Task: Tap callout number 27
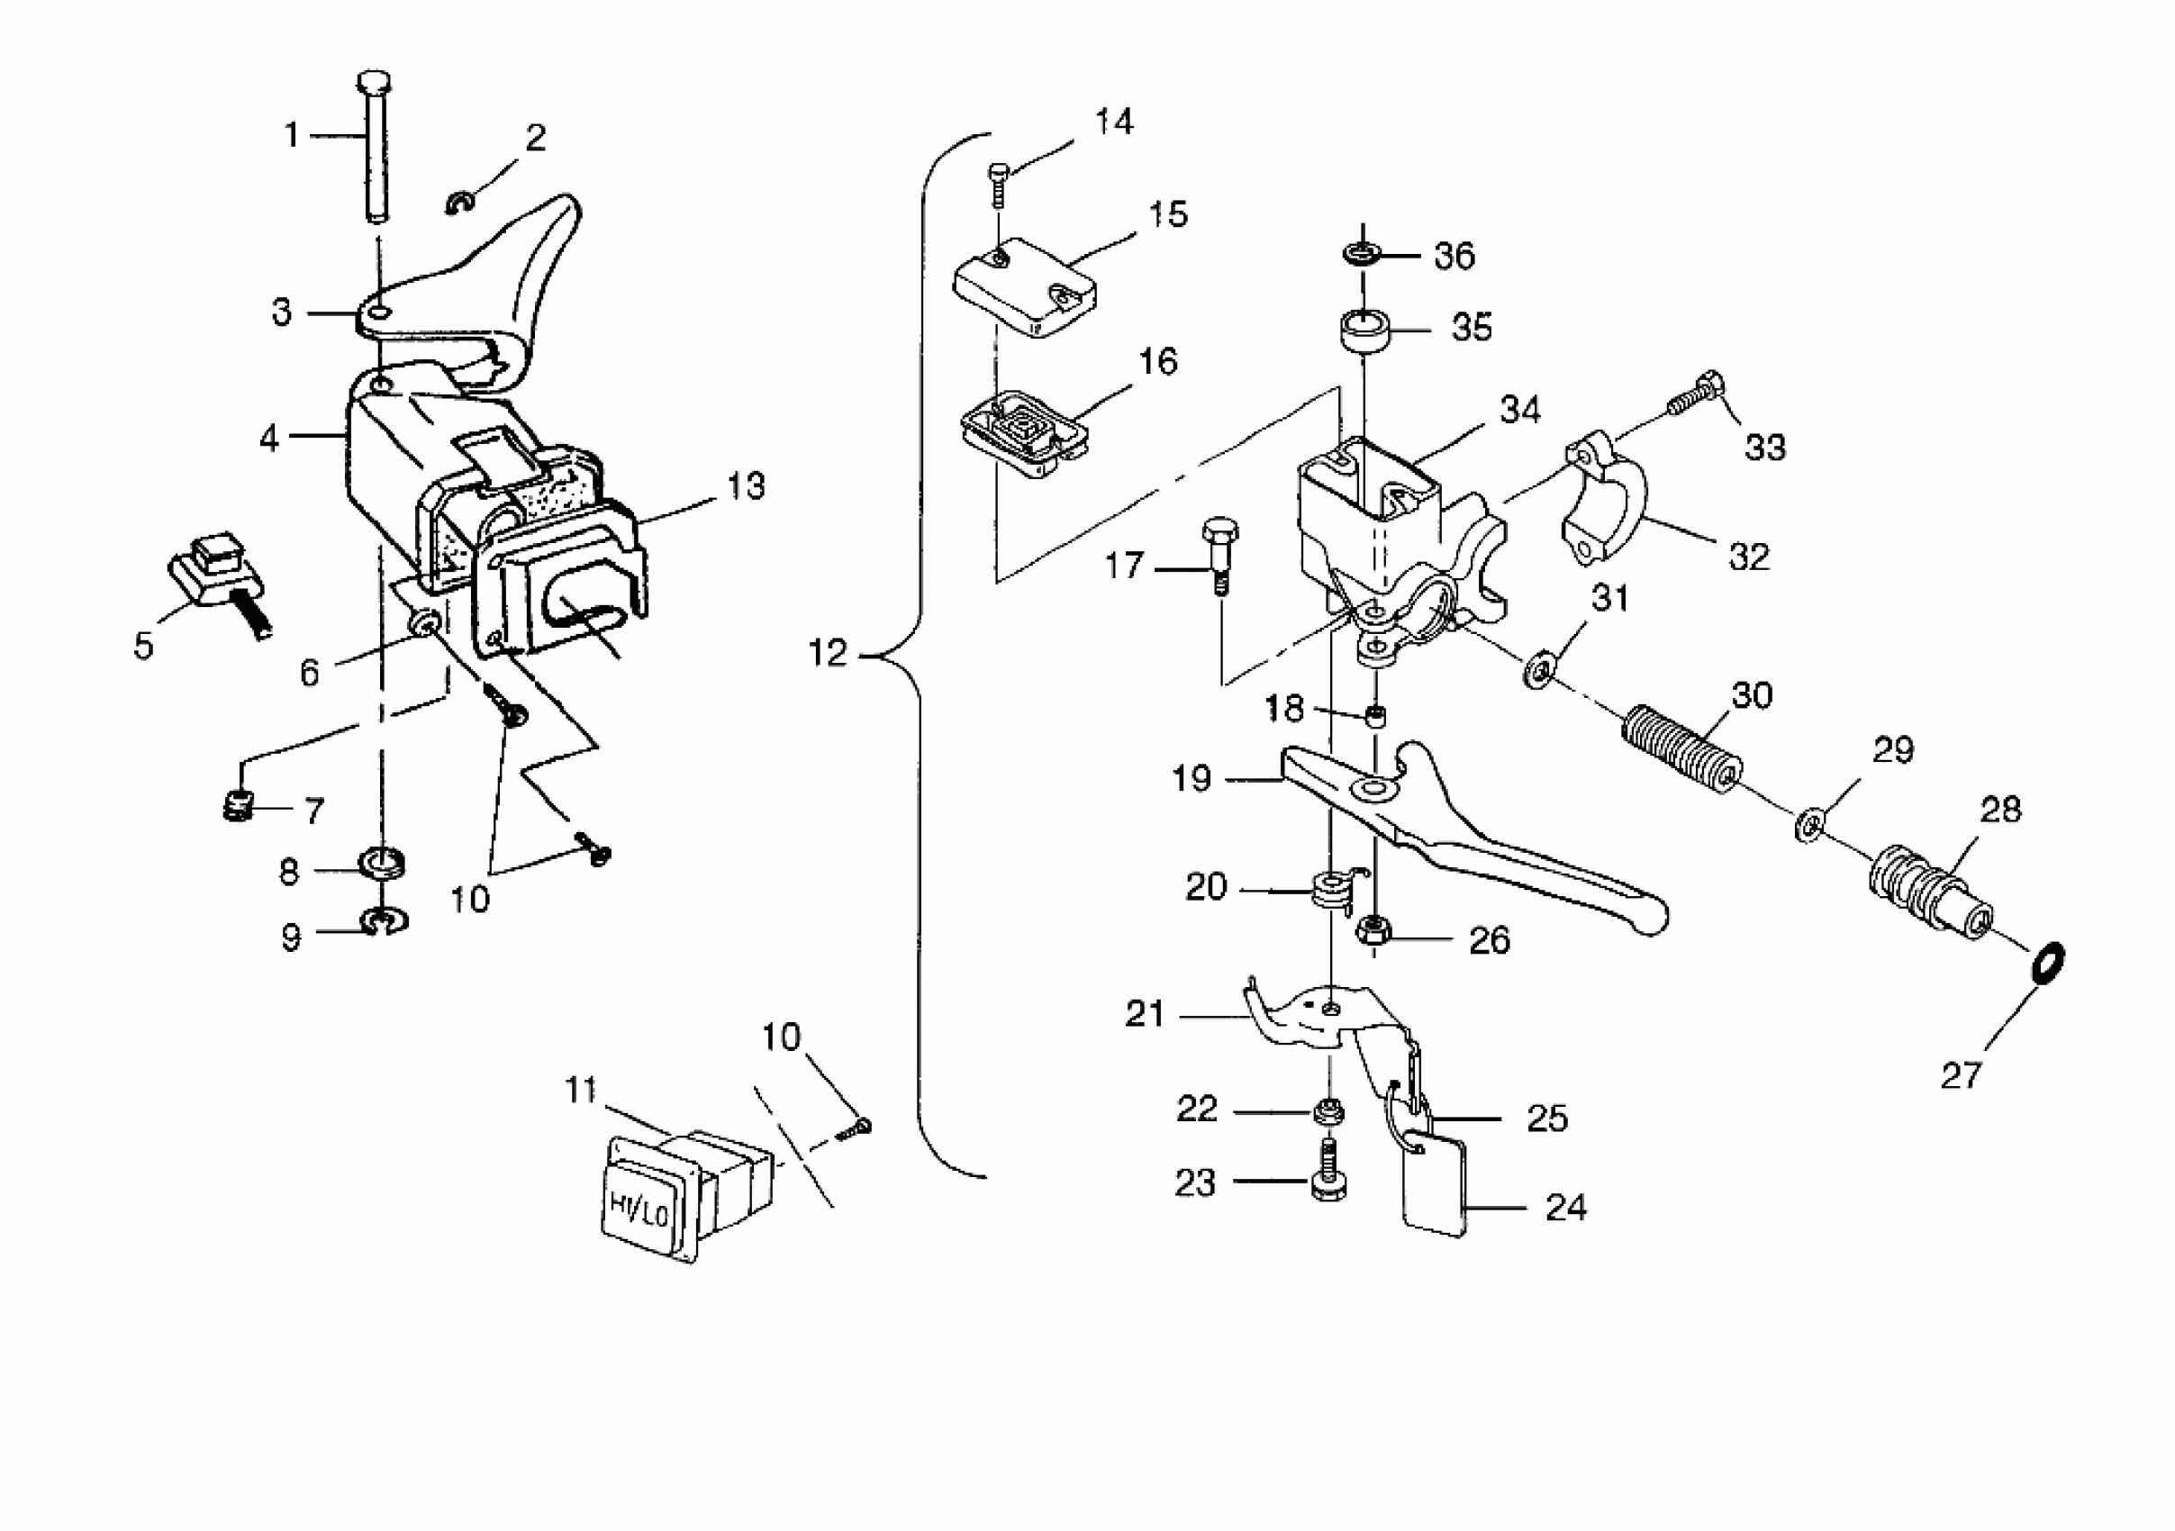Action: tap(1961, 1076)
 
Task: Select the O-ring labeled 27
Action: tap(2049, 965)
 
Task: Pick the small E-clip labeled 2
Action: tap(460, 202)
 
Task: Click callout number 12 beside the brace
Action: tap(828, 653)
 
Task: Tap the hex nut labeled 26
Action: tap(1373, 930)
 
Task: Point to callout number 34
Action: tap(1519, 411)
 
